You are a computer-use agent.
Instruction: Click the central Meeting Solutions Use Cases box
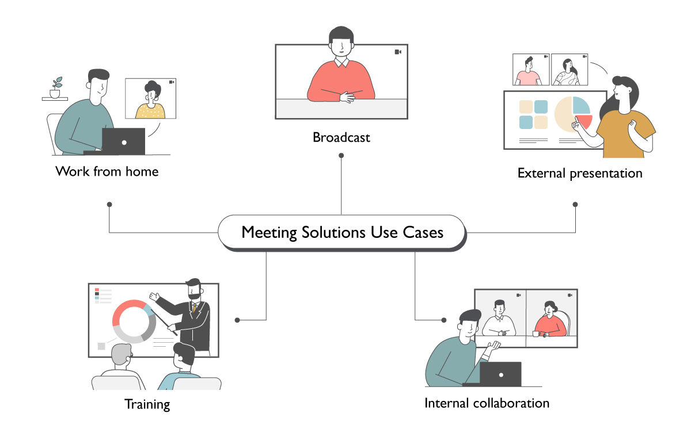(342, 232)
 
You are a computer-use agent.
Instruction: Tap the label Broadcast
(341, 138)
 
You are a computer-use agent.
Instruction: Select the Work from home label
(107, 171)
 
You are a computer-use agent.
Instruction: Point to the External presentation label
(579, 173)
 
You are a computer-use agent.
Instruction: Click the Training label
(147, 404)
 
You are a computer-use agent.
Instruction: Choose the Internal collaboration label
(487, 403)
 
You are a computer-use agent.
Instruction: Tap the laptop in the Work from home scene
(123, 141)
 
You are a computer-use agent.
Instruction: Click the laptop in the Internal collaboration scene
(500, 374)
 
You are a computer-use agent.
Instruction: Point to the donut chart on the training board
(134, 321)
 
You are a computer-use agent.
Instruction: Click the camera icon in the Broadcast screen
(398, 52)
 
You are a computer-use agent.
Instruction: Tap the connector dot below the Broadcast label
(341, 155)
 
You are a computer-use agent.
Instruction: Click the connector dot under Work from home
(109, 204)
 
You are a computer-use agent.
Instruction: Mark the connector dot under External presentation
(575, 204)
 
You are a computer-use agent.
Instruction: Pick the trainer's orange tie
(195, 309)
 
